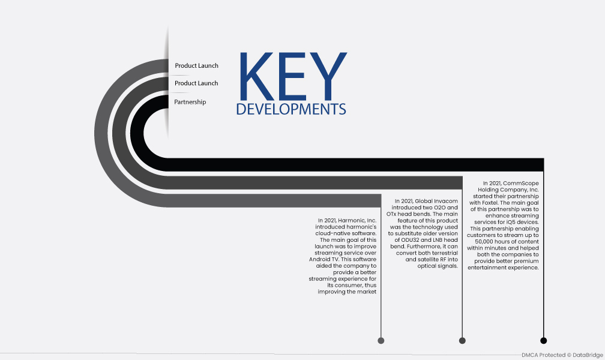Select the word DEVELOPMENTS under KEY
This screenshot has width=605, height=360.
tap(291, 109)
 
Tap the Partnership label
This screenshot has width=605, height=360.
tap(190, 102)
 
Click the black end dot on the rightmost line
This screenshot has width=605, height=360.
tap(543, 340)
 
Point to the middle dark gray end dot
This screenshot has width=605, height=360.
tap(462, 340)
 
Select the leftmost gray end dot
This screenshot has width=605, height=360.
tap(381, 340)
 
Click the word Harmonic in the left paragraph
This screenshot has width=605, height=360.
tap(351, 220)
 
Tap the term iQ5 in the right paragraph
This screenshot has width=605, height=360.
tap(511, 222)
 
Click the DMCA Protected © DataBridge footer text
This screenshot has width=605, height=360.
tap(562, 355)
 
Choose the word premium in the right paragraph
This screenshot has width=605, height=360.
tap(526, 261)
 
